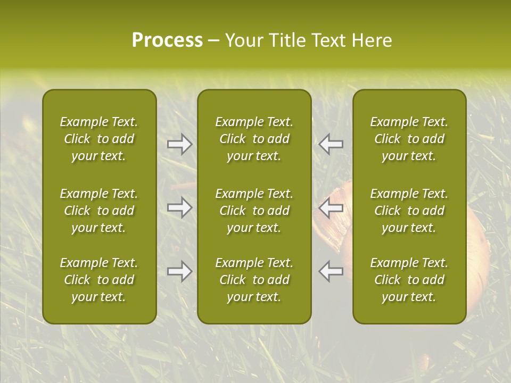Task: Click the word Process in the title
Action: [167, 40]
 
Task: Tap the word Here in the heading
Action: [372, 40]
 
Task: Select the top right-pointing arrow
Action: [179, 144]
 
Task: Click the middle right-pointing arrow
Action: [179, 207]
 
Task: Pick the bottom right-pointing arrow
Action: [179, 271]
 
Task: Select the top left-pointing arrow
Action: [331, 144]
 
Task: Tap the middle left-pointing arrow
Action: [331, 207]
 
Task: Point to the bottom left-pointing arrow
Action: [331, 271]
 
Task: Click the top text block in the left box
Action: [99, 139]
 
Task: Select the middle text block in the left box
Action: [99, 211]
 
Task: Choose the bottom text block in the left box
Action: [99, 280]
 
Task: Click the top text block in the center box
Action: [254, 139]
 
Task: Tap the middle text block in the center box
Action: [254, 211]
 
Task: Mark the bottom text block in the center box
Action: [254, 280]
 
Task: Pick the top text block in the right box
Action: [409, 139]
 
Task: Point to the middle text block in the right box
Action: [409, 211]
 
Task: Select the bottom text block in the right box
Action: [409, 280]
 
